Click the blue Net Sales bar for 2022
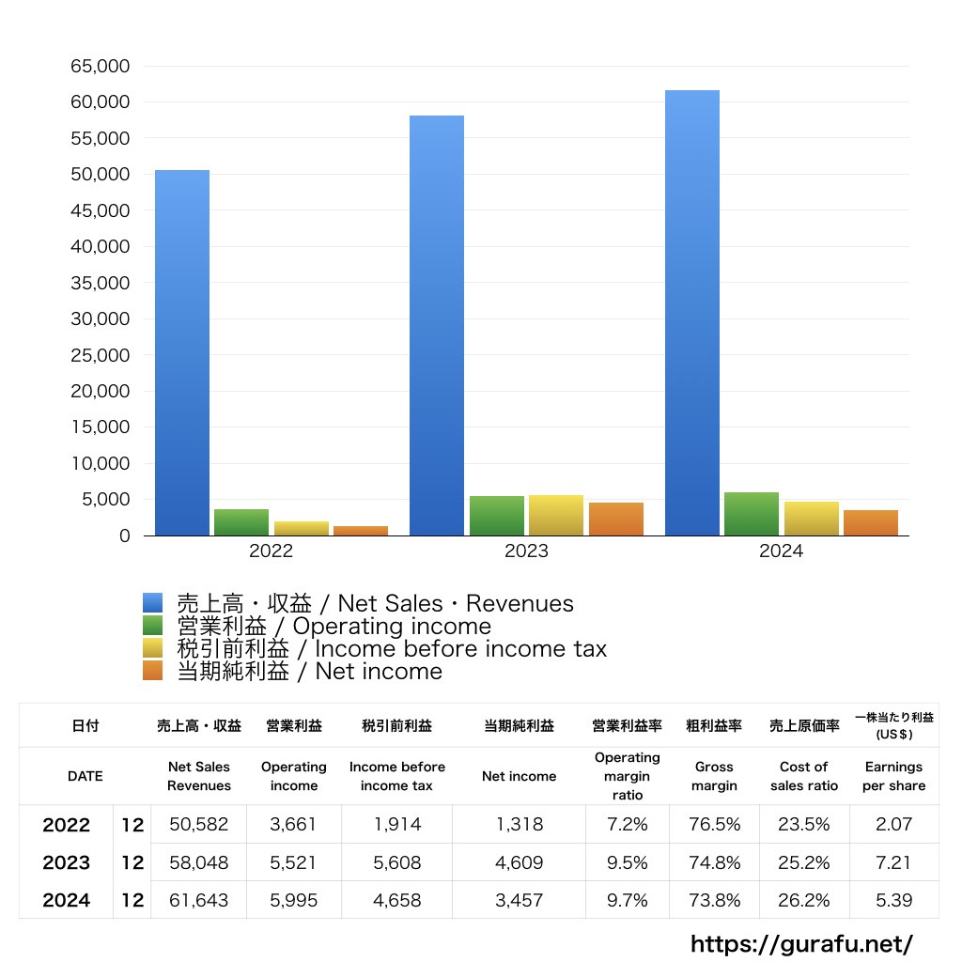pyautogui.click(x=182, y=352)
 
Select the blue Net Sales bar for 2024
pyautogui.click(x=692, y=313)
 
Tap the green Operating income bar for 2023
pyautogui.click(x=497, y=516)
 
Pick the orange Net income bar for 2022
pyautogui.click(x=361, y=531)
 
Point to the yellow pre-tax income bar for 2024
pyautogui.click(x=812, y=519)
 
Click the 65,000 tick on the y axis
pyautogui.click(x=100, y=67)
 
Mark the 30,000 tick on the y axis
pyautogui.click(x=100, y=319)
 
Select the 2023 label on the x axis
pyautogui.click(x=526, y=551)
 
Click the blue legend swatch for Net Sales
pyautogui.click(x=153, y=603)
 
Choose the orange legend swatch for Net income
pyautogui.click(x=153, y=671)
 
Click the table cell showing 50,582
pyautogui.click(x=198, y=825)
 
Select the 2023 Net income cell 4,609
pyautogui.click(x=519, y=862)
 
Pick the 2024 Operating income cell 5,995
pyautogui.click(x=293, y=900)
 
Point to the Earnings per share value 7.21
pyautogui.click(x=893, y=862)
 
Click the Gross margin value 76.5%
pyautogui.click(x=714, y=825)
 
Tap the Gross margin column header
pyautogui.click(x=714, y=776)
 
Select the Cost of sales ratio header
pyautogui.click(x=804, y=776)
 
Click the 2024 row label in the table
pyautogui.click(x=67, y=900)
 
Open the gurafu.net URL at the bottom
pyautogui.click(x=802, y=943)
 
